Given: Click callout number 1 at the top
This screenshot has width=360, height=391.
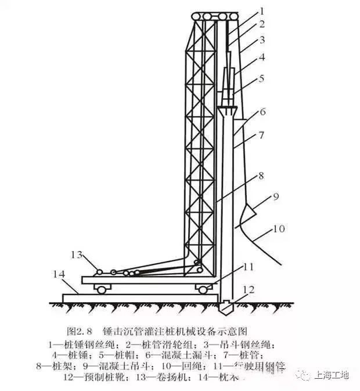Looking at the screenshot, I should tap(261, 10).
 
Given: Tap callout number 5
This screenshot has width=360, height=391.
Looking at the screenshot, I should tap(261, 77).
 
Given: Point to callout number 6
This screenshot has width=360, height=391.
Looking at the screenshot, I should tap(262, 111).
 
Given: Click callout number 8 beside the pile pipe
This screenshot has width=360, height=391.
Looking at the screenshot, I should tap(261, 174).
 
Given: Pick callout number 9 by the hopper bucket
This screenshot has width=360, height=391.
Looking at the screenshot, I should tap(275, 196).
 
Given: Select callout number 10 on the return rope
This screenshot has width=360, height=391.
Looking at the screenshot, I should tap(279, 229).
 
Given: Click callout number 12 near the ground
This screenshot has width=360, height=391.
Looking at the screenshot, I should tap(249, 289).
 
